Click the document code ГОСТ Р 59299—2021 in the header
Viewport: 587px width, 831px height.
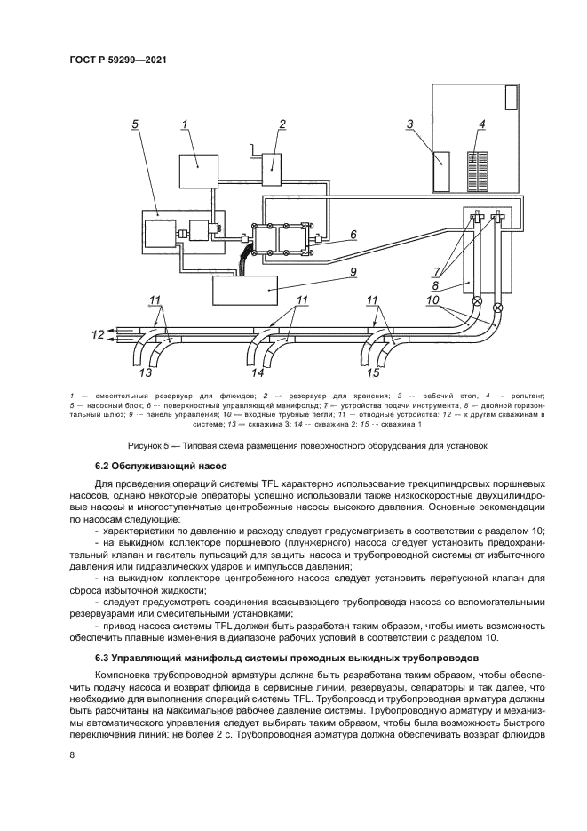pyautogui.click(x=118, y=60)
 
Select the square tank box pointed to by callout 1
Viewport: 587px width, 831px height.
pyautogui.click(x=198, y=171)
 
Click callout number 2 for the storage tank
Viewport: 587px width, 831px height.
pyautogui.click(x=282, y=124)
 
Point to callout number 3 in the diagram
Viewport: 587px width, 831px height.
pyautogui.click(x=410, y=124)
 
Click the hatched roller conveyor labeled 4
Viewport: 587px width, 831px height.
pyautogui.click(x=480, y=172)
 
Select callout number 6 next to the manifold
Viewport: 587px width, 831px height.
pyautogui.click(x=353, y=235)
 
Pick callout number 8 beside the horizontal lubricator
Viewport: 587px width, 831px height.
pyautogui.click(x=436, y=286)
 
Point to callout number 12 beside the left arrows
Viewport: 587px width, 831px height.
pyautogui.click(x=97, y=335)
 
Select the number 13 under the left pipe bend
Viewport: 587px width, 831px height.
pyautogui.click(x=145, y=372)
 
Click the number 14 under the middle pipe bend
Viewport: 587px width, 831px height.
pyautogui.click(x=258, y=372)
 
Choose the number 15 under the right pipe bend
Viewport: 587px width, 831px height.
pyautogui.click(x=374, y=372)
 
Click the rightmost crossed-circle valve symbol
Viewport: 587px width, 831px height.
pyautogui.click(x=496, y=308)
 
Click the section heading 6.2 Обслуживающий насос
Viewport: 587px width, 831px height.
pyautogui.click(x=162, y=466)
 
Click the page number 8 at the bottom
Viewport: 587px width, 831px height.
pyautogui.click(x=72, y=755)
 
